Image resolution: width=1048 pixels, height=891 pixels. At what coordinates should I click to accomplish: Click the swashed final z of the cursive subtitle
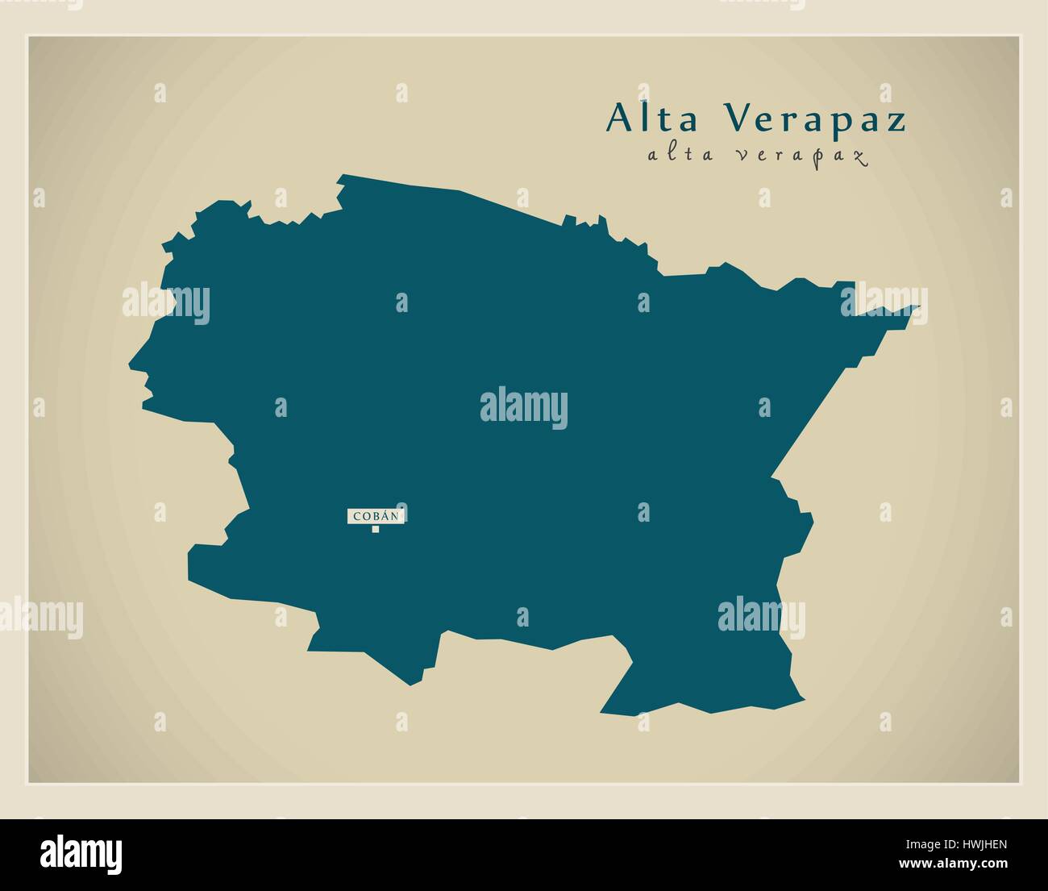coord(859,158)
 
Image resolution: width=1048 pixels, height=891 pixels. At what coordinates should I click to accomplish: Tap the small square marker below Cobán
coord(376,529)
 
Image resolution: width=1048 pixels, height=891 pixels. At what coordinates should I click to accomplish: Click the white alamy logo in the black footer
coord(81,854)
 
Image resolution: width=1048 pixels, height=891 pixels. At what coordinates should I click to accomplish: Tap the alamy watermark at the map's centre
coord(524,408)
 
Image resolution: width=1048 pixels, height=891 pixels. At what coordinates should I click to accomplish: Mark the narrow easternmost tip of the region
coord(917,307)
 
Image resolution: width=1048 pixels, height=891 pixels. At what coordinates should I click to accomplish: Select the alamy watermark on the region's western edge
coord(166,304)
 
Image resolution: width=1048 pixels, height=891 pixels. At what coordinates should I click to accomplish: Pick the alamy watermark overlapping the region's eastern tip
coord(884,302)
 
